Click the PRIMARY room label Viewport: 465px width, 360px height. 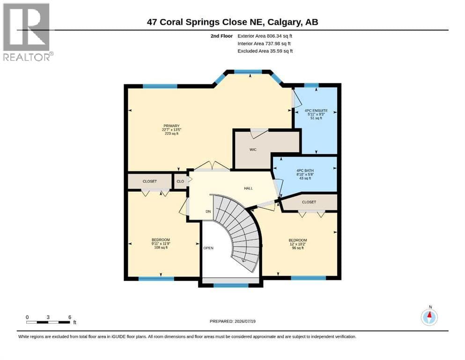click(171, 126)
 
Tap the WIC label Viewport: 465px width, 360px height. click(253, 150)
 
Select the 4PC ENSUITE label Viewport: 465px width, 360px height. click(316, 111)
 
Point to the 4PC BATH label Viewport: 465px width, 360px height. click(305, 171)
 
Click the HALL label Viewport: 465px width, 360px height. click(249, 188)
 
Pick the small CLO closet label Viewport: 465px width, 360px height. click(180, 181)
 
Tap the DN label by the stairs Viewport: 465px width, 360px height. click(208, 211)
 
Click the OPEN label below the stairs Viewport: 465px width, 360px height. click(208, 248)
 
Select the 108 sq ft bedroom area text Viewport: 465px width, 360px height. click(161, 247)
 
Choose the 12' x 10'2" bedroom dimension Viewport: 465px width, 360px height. click(298, 244)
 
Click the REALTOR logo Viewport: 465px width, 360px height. click(27, 32)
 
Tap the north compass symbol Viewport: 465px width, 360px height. click(429, 316)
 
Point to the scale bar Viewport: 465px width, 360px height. click(48, 322)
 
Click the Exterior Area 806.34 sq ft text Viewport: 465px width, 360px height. click(265, 36)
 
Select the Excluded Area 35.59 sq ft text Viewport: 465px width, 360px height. click(265, 51)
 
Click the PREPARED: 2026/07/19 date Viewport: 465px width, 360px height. click(232, 321)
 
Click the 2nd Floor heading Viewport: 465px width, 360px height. click(221, 36)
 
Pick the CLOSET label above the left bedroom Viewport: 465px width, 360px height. click(150, 181)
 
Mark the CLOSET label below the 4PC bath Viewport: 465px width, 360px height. click(309, 202)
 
